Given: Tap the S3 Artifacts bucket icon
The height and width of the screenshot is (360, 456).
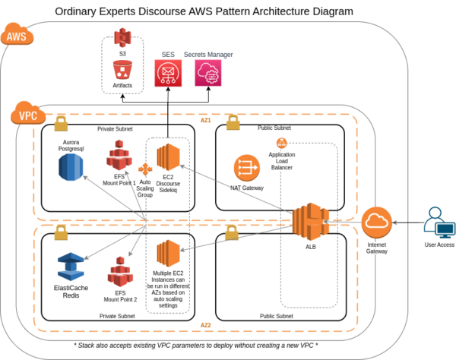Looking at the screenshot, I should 122,71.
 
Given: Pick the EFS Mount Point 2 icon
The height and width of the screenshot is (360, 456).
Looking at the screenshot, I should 119,272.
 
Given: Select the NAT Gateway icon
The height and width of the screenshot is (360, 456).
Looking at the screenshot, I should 246,167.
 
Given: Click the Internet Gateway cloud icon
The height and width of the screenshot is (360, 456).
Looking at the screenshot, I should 376,223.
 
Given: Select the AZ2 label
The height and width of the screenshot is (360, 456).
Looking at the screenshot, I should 205,326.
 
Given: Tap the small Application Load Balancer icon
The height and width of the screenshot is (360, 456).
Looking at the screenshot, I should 281,143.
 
